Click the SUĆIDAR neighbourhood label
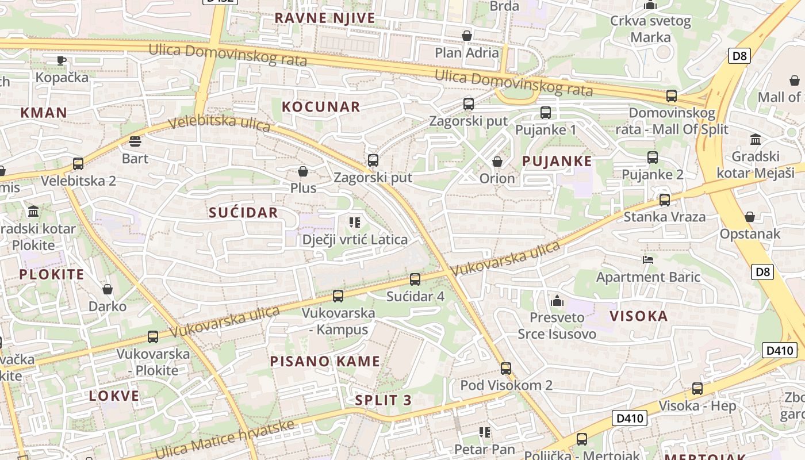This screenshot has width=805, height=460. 243,212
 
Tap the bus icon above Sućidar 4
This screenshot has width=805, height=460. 415,279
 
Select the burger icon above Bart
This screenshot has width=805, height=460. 135,141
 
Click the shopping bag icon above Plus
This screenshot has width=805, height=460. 303,171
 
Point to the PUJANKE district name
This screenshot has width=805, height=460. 557,161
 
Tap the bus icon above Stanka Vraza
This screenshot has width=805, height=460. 665,200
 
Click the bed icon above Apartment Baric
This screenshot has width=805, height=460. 648,260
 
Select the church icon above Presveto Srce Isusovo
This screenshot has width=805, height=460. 557,301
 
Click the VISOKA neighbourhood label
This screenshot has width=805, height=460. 638,316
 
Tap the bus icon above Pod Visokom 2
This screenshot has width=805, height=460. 505,369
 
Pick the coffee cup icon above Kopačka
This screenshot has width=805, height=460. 62,60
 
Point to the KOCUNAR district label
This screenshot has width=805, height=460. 321,106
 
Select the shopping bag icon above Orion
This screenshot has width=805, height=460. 497,162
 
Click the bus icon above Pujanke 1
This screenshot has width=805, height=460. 545,113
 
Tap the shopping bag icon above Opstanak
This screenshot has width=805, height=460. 749,217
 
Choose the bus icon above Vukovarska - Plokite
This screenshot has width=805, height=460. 153,337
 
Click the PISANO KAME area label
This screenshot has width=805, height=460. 325,362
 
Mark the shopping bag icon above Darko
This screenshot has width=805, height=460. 107,289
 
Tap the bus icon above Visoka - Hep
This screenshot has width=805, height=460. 697,389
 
